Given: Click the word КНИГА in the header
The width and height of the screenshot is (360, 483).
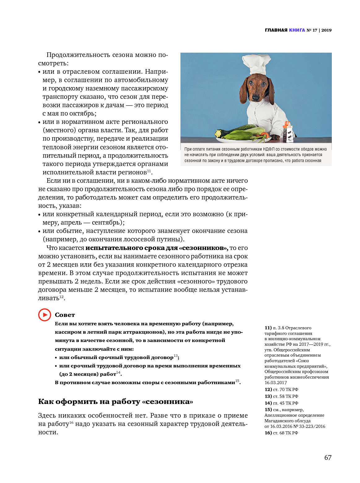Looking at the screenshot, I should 297,30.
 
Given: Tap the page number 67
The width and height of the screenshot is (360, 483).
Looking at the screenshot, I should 328,458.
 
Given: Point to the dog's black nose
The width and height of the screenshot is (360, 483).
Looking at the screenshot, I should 256,97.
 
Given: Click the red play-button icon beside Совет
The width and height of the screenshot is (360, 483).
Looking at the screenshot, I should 45,315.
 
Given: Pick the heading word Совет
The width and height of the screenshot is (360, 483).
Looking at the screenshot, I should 65,315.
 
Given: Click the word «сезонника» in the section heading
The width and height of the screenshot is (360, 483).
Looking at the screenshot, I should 167,402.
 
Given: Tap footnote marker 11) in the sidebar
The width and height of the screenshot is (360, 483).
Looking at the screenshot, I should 268,328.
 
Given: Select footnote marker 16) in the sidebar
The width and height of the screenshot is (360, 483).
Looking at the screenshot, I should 268,433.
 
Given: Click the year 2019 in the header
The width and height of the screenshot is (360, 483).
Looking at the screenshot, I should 326,30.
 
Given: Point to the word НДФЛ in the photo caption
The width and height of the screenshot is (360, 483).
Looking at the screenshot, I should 269,149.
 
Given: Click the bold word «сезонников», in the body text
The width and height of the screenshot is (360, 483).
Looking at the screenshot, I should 203,248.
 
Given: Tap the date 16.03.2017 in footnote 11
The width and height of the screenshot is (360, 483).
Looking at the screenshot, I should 275,383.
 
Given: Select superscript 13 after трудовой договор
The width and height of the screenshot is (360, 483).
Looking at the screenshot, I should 176,356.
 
